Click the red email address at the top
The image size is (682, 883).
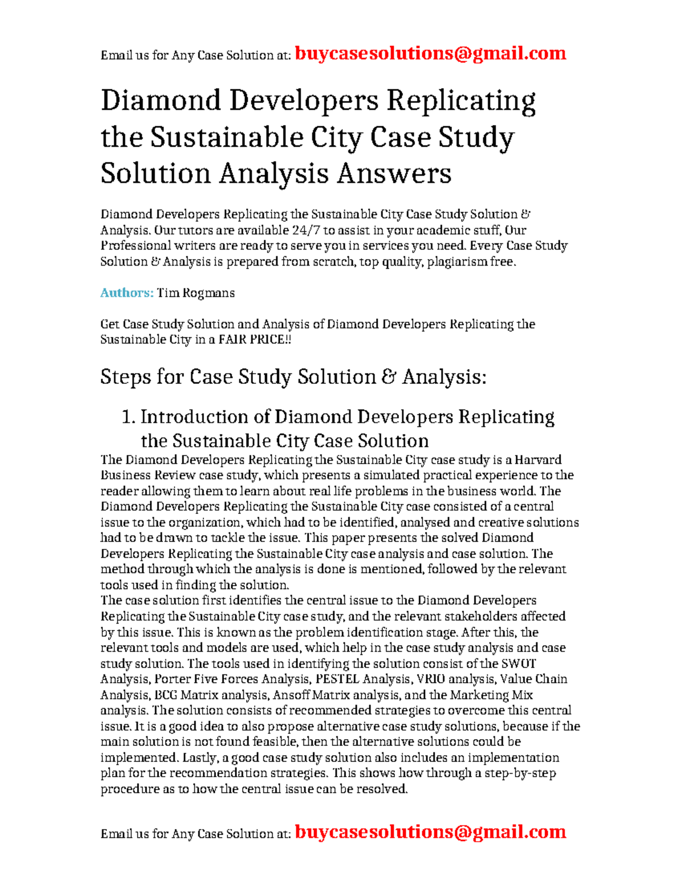[x=431, y=53]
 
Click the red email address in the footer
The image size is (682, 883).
[x=431, y=832]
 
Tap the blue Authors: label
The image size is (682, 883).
[x=127, y=293]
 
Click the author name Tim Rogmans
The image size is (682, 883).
[x=196, y=293]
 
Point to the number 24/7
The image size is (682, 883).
[x=306, y=230]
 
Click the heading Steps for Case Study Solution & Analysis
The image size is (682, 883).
[x=293, y=377]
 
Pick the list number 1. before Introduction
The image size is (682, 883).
[x=129, y=417]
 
